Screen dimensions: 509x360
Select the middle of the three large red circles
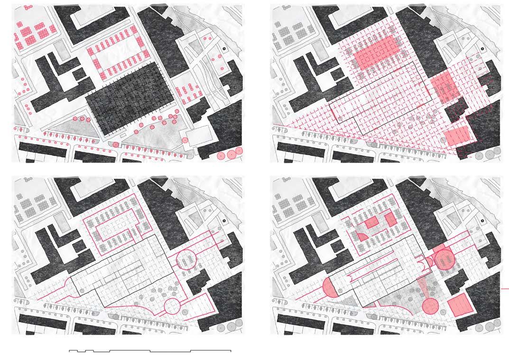click(x=231, y=154)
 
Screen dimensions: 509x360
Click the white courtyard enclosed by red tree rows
click(x=120, y=57)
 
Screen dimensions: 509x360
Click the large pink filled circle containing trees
click(x=445, y=259)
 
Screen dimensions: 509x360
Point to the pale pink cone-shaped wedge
click(x=424, y=289)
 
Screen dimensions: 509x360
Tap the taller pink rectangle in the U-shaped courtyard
click(x=390, y=219)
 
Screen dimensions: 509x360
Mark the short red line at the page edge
click(x=505, y=288)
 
